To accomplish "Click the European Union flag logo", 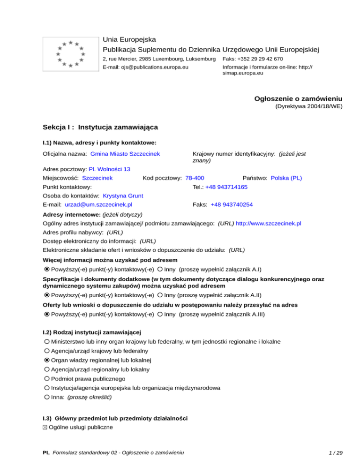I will coord(70,54).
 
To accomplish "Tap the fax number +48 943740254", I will coord(232,204).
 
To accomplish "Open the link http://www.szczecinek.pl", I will coord(268,224).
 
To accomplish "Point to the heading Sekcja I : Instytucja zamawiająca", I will coord(100,127).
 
